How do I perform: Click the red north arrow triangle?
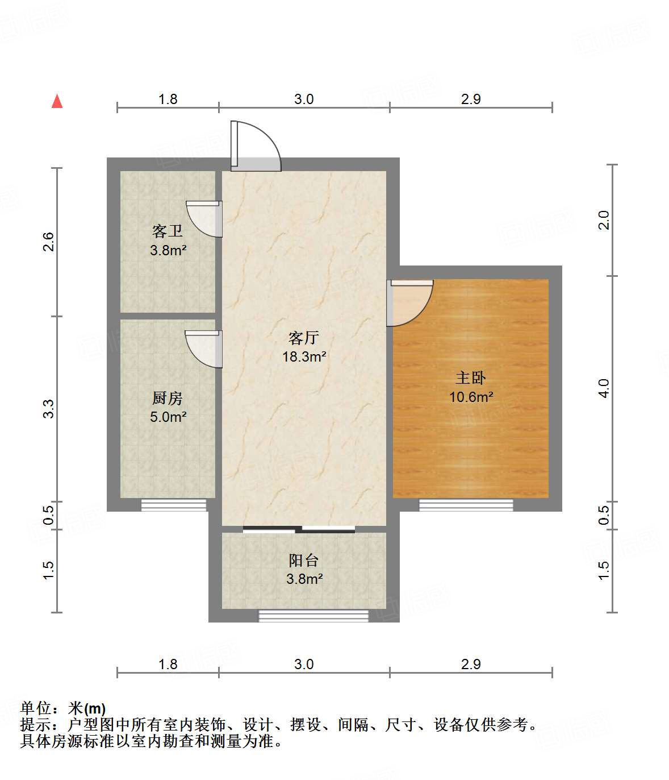[57, 101]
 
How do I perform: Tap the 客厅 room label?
[304, 338]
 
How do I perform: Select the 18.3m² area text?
[304, 357]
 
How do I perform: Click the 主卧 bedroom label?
[471, 378]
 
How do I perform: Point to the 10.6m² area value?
[471, 397]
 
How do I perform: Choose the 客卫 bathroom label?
[168, 231]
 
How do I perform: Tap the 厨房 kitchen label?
[168, 398]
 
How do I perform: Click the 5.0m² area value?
[168, 417]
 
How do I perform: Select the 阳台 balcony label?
[304, 560]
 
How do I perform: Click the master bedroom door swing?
[410, 303]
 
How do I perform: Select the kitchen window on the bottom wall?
[174, 505]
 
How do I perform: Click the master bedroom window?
[466, 505]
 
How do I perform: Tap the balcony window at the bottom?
[313, 616]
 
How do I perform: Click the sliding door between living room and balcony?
[299, 530]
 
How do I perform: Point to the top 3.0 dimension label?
[304, 99]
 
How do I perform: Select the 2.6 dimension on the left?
[49, 242]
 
